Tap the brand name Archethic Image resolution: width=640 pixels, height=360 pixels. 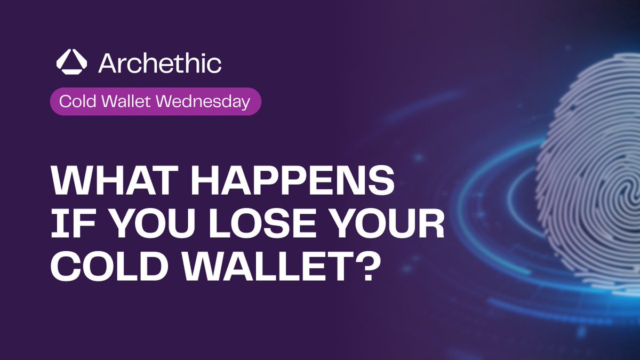[x=159, y=63]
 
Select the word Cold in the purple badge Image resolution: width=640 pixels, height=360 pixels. [x=73, y=102]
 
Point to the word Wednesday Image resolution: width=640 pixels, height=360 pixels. [x=197, y=102]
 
